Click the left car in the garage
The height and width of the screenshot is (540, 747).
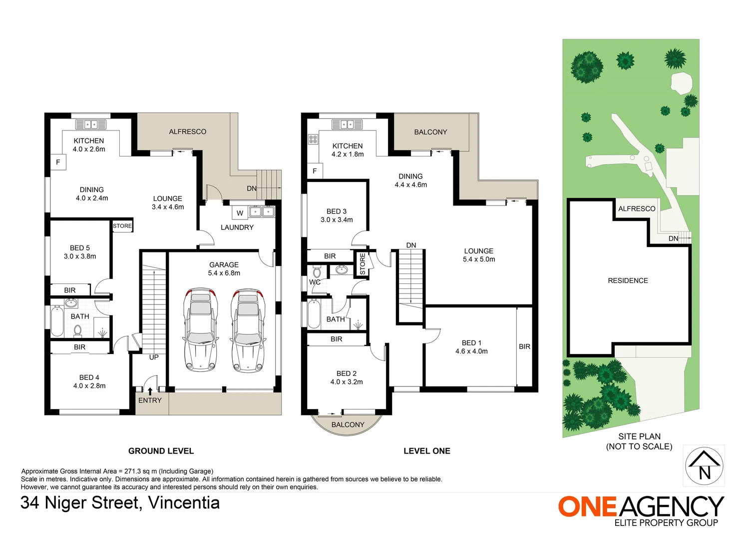tap(201, 330)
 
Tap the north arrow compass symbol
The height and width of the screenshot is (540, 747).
tap(704, 465)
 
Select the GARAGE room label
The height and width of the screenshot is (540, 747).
tap(224, 265)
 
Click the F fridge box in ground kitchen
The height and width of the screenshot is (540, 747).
tap(58, 162)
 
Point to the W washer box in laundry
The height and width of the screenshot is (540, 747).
tap(240, 213)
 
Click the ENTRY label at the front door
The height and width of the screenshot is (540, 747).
tap(150, 400)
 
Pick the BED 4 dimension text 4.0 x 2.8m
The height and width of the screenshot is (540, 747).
tap(89, 386)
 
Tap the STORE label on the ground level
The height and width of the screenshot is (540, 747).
tap(122, 226)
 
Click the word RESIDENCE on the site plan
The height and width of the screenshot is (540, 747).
tap(628, 280)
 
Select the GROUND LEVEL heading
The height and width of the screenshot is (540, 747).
tap(161, 451)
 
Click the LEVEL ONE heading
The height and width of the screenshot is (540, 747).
tap(426, 451)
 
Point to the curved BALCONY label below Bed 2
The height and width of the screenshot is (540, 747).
tap(348, 424)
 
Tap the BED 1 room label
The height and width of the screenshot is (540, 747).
tap(471, 343)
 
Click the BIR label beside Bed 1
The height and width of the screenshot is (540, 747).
tap(524, 346)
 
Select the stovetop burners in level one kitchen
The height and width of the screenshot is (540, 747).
tap(313, 139)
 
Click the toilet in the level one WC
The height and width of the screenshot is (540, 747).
tap(317, 272)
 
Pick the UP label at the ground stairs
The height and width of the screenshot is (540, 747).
tap(154, 357)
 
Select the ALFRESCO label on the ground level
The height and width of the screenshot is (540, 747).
tap(187, 131)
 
